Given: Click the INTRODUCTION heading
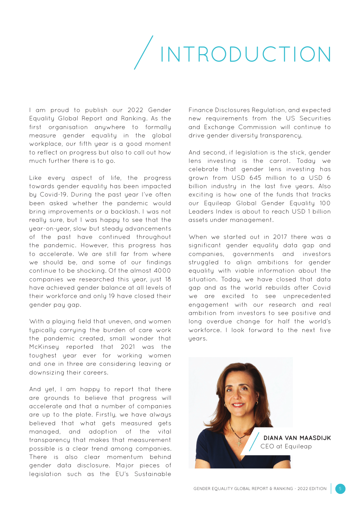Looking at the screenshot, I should [246, 55].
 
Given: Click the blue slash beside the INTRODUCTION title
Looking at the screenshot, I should [144, 53].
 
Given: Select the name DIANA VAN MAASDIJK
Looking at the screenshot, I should [297, 438].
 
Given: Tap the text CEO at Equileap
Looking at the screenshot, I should [286, 447].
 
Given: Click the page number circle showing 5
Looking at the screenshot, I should [340, 489].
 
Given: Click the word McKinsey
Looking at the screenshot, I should [44, 347].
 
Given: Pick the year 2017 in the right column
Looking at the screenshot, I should [280, 237].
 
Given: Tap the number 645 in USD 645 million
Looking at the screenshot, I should [255, 178].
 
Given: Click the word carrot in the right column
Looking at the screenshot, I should [279, 161].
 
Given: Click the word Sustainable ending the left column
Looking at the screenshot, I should [153, 474].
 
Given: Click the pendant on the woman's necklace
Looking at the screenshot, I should [239, 442].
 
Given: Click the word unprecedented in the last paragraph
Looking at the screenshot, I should [307, 296].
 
